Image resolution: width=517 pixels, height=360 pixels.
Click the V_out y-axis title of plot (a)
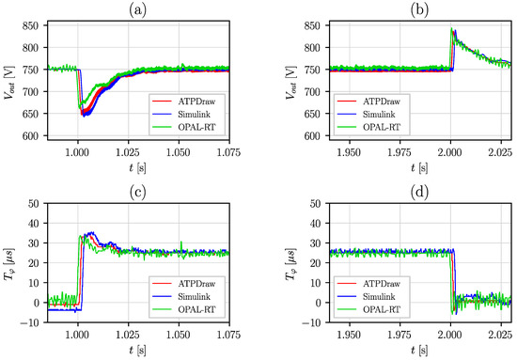pyautogui.click(x=9, y=80)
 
